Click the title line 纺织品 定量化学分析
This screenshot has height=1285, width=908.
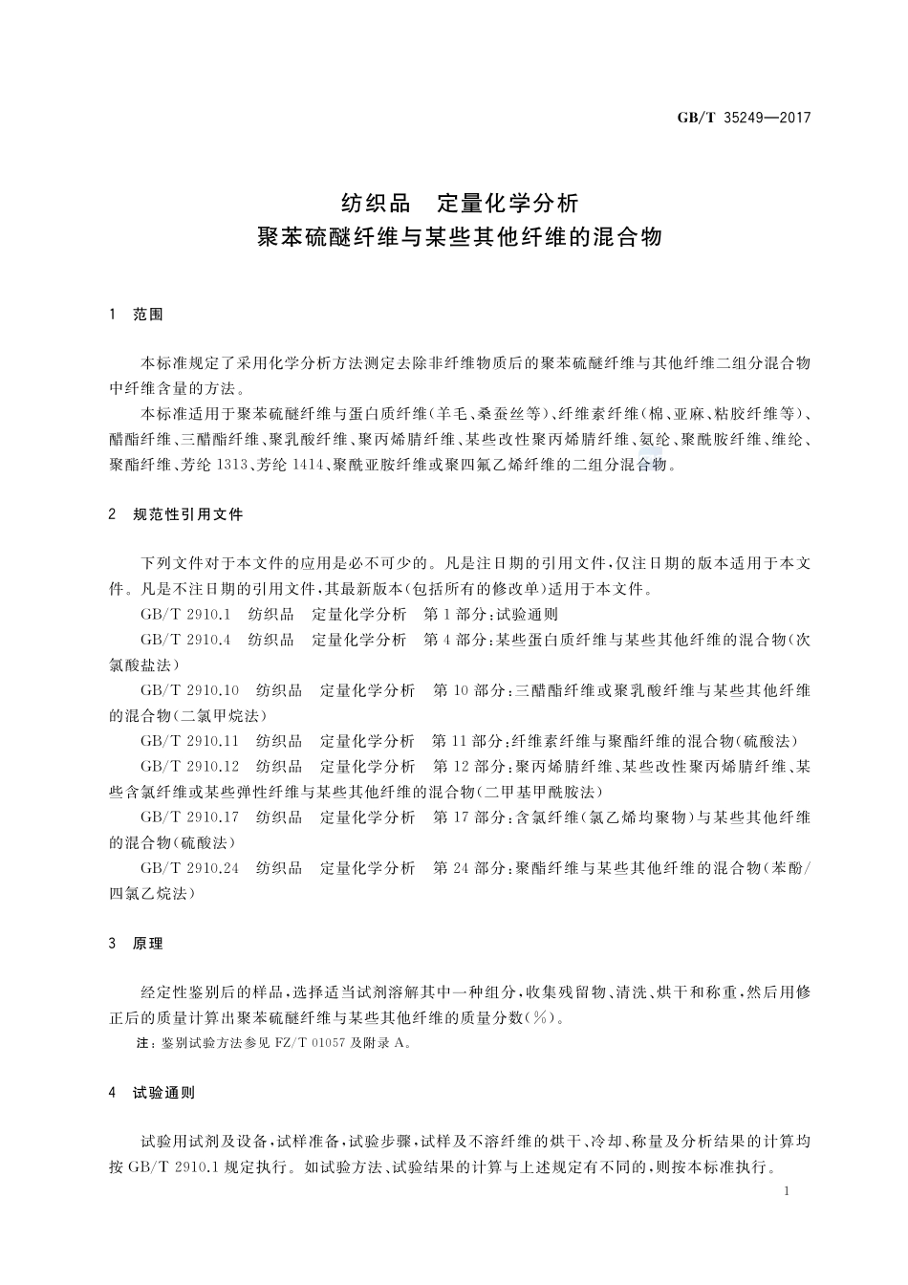[x=460, y=204]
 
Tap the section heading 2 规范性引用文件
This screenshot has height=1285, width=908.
[x=177, y=514]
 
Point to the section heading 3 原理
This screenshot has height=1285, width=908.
[x=137, y=944]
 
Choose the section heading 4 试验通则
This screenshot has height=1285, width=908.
[x=153, y=1093]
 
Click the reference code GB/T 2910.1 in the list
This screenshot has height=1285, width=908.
[x=185, y=615]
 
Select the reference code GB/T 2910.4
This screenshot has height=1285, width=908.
[x=185, y=640]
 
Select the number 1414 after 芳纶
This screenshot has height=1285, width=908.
[x=305, y=466]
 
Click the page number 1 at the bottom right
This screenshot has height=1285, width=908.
[x=785, y=1191]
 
